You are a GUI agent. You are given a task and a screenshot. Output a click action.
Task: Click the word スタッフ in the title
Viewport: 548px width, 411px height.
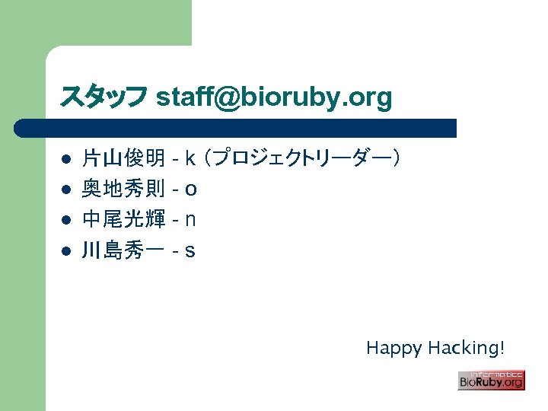[104, 97]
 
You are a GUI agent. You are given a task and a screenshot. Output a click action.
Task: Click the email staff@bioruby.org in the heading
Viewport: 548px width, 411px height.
[274, 97]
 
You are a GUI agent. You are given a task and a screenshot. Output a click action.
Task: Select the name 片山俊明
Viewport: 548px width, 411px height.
[123, 159]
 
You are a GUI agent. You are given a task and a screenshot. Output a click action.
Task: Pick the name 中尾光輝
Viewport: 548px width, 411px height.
[123, 220]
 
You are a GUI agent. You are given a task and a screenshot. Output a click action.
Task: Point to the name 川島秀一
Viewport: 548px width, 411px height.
[123, 250]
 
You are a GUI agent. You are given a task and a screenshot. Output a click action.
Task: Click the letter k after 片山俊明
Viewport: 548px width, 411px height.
[190, 159]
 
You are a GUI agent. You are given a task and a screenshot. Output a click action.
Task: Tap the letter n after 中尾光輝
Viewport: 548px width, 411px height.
[190, 220]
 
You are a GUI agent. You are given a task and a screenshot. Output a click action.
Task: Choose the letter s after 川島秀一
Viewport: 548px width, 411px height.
[190, 250]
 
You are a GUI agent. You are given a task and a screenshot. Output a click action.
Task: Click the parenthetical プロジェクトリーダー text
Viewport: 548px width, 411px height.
[304, 159]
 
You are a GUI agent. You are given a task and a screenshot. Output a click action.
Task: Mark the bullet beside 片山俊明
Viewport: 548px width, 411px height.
[66, 160]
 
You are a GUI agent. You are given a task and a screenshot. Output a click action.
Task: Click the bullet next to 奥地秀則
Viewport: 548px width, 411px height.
[66, 190]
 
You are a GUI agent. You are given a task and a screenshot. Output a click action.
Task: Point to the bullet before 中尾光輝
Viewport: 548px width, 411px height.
[66, 221]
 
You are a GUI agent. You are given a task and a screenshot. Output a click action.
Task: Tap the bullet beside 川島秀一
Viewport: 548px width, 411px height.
[66, 251]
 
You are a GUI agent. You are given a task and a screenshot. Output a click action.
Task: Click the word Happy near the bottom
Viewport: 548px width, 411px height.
[393, 349]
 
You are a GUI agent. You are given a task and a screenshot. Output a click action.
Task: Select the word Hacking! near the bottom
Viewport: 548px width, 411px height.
[466, 349]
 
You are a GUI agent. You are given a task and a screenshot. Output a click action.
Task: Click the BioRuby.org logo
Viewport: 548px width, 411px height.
[491, 380]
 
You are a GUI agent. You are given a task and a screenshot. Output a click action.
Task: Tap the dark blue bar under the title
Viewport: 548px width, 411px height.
[236, 128]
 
